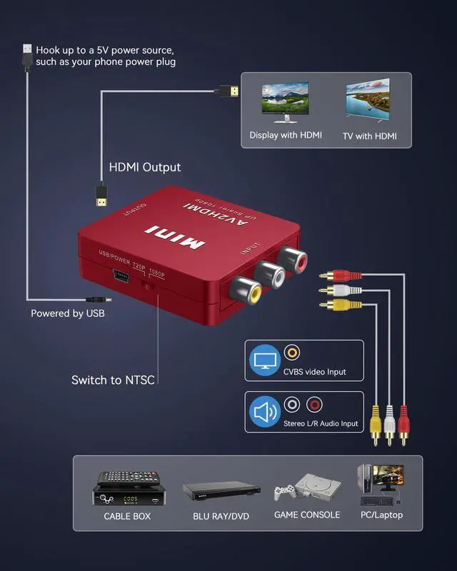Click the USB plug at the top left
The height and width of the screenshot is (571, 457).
pos(27,57)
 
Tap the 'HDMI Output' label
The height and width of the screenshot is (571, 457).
pos(144,168)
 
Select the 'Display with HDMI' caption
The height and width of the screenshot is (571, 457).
pos(286,135)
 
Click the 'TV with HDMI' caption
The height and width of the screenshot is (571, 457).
pos(369,136)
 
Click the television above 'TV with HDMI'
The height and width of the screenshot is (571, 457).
pos(368,97)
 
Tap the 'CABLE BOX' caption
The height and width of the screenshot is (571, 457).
pos(127,515)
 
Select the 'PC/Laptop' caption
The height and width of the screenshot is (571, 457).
pos(381,515)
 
